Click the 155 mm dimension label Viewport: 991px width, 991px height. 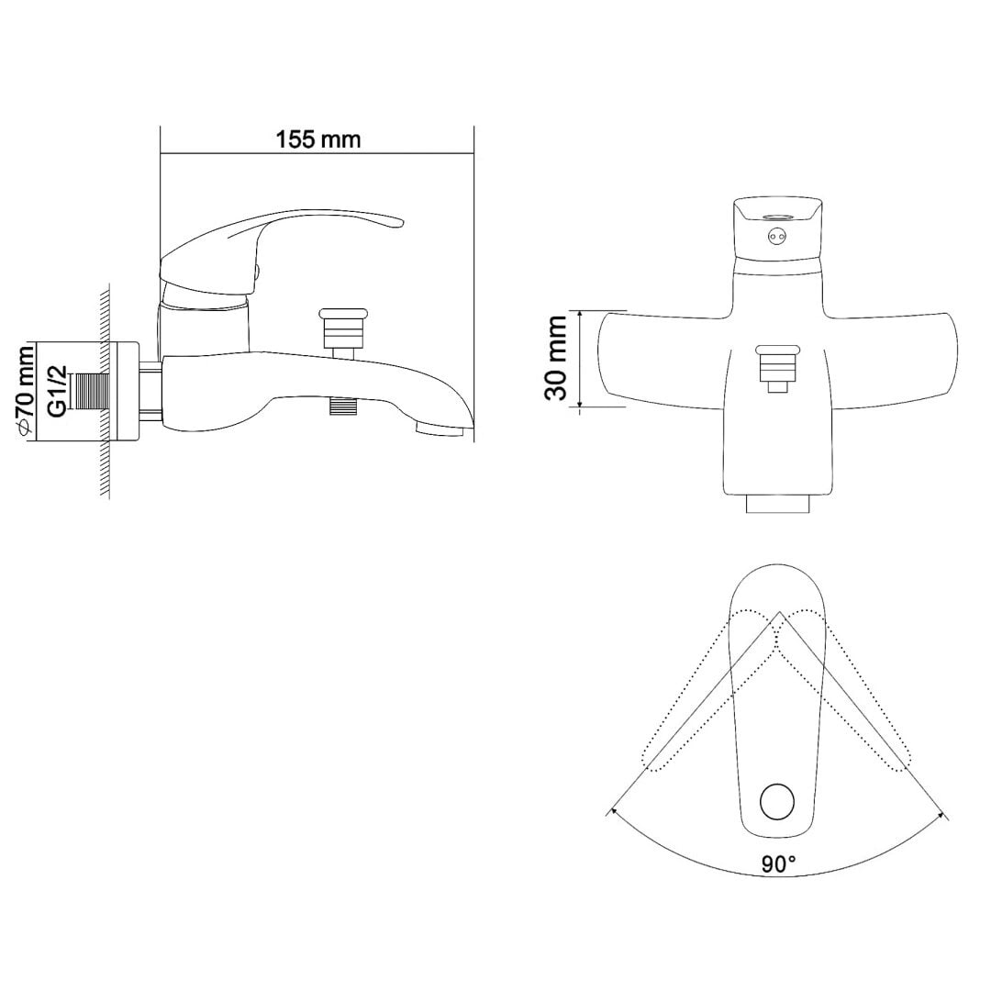point(317,139)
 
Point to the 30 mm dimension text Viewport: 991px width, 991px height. point(556,358)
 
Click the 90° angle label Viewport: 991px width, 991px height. point(778,863)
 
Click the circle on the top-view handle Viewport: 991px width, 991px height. point(777,801)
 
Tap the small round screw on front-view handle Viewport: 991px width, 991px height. point(777,237)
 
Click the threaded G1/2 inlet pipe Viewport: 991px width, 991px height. point(93,392)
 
